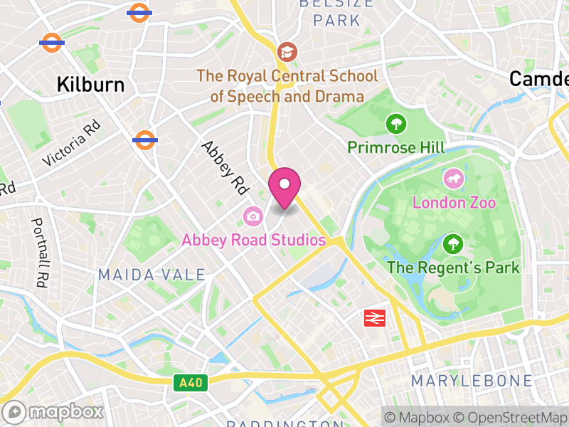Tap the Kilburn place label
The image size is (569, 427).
tap(91, 85)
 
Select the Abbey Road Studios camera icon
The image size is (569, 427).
tap(252, 215)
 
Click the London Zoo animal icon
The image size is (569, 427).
tap(453, 178)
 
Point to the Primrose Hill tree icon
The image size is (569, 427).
tap(396, 124)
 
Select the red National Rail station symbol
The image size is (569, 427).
tap(374, 317)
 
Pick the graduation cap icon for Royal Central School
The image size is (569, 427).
tap(287, 51)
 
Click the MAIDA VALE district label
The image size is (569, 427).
tap(151, 275)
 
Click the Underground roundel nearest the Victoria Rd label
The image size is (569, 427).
tap(145, 139)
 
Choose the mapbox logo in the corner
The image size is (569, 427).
tap(54, 411)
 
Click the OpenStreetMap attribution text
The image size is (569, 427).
tap(512, 417)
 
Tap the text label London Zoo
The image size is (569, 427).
tap(454, 202)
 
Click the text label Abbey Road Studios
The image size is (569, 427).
tap(253, 240)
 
